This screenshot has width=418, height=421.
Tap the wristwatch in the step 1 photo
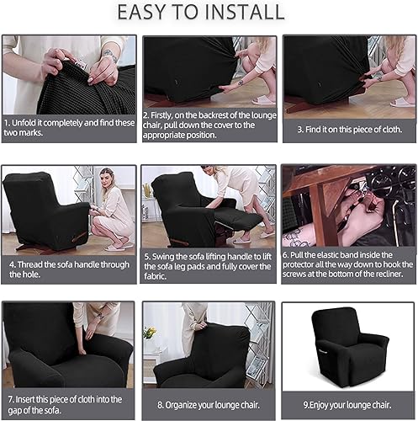tap(109, 56)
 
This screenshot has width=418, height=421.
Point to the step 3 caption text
tap(348, 130)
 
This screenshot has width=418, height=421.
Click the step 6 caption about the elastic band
tap(348, 268)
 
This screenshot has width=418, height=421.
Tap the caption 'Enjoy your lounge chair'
tap(348, 403)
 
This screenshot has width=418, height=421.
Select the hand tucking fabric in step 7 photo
tap(82, 349)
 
